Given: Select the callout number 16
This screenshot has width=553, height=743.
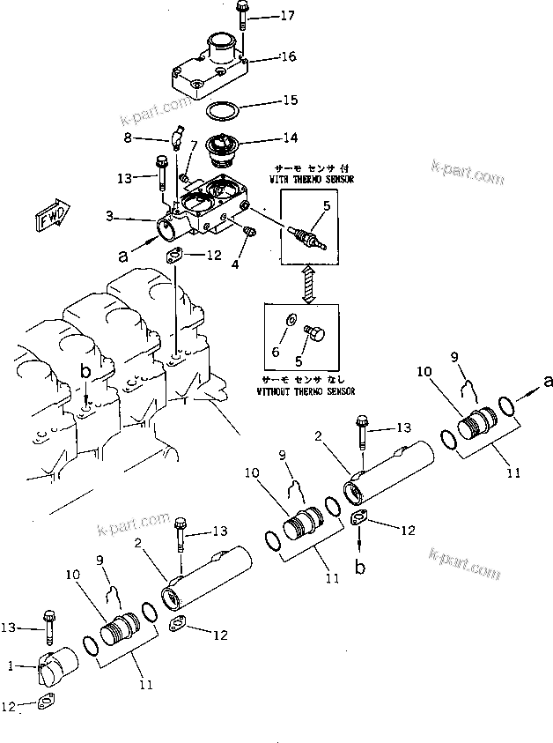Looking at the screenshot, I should [288, 56].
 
